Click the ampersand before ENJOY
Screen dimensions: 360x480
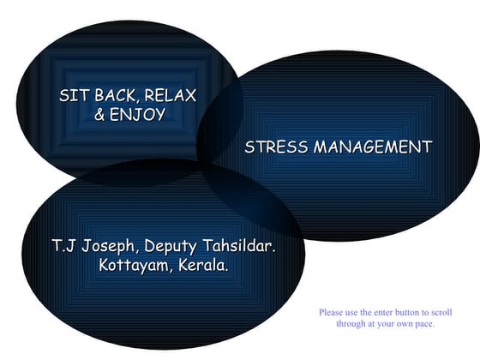[x=99, y=114]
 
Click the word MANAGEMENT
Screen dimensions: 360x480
[x=372, y=147]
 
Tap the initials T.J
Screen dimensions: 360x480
[x=64, y=247]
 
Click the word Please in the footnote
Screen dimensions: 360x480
[x=331, y=313]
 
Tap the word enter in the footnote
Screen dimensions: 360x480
[x=381, y=313]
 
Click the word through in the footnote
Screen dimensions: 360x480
[x=349, y=324]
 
